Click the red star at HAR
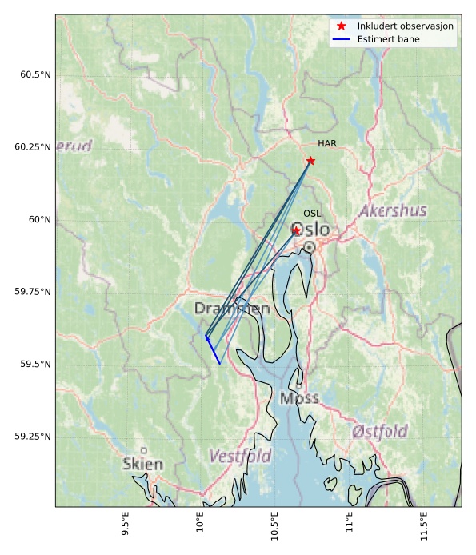pos(310,161)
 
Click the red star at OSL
pos(296,230)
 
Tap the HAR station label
pos(326,144)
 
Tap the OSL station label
pos(312,214)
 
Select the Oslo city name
pos(310,230)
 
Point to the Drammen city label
pos(231,309)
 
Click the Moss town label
pos(299,398)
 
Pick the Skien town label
pos(142,464)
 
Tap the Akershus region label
pos(393,211)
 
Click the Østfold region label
pos(379,432)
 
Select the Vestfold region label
pos(240,457)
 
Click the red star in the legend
pos(342,26)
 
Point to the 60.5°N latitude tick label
pos(35,75)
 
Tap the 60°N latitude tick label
pos(40,220)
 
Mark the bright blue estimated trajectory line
pos(214,350)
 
